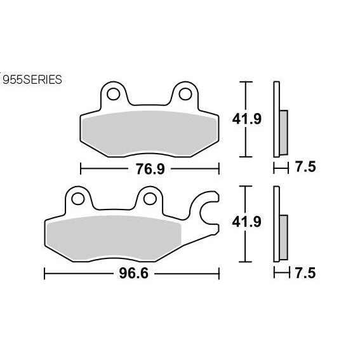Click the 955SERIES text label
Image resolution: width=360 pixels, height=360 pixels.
click(32, 79)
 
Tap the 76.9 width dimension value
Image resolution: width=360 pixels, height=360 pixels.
click(150, 169)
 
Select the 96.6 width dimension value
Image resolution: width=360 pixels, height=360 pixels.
click(133, 274)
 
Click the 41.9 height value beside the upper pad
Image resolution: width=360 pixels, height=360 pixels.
click(247, 119)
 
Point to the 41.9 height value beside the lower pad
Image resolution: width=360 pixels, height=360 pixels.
click(247, 222)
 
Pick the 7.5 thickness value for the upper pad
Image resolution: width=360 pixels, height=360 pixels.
click(305, 167)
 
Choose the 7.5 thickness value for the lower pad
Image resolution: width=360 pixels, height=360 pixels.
click(305, 273)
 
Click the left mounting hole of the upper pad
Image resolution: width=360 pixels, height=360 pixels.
click(114, 94)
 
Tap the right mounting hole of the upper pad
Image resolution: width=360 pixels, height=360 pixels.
click(185, 94)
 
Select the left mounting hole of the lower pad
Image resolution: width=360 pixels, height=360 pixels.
click(78, 199)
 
